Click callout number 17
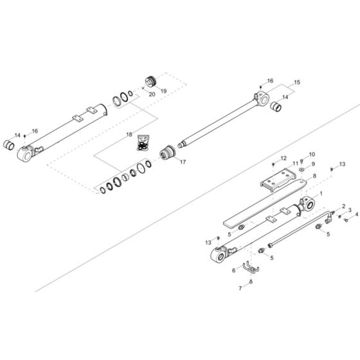click(183, 162)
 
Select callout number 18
click(129, 135)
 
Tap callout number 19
click(163, 91)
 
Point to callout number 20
click(152, 94)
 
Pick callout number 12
click(283, 157)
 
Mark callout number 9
click(313, 164)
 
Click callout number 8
click(314, 175)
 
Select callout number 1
click(321, 193)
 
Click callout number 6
click(233, 271)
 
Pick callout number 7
click(241, 289)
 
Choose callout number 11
click(296, 163)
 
